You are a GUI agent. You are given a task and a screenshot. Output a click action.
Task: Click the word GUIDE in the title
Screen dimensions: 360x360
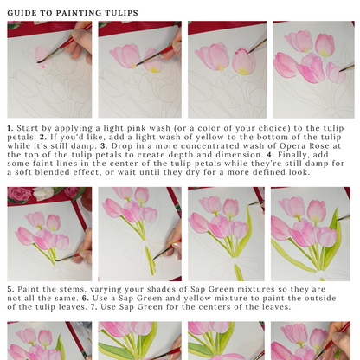click(x=26, y=12)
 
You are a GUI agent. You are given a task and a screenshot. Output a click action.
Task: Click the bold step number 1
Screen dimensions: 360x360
click(x=10, y=129)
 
